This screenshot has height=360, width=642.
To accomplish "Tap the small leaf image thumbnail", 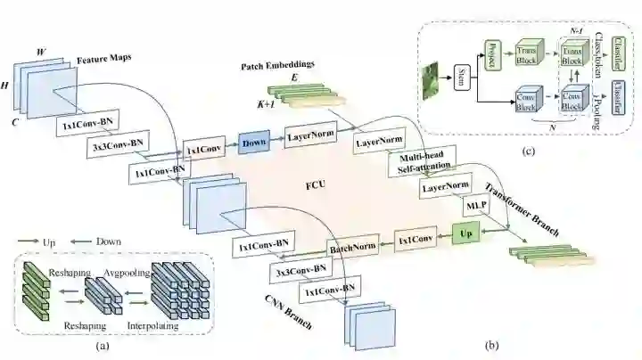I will click(434, 77).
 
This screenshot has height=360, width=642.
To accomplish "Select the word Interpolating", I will click(152, 326).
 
